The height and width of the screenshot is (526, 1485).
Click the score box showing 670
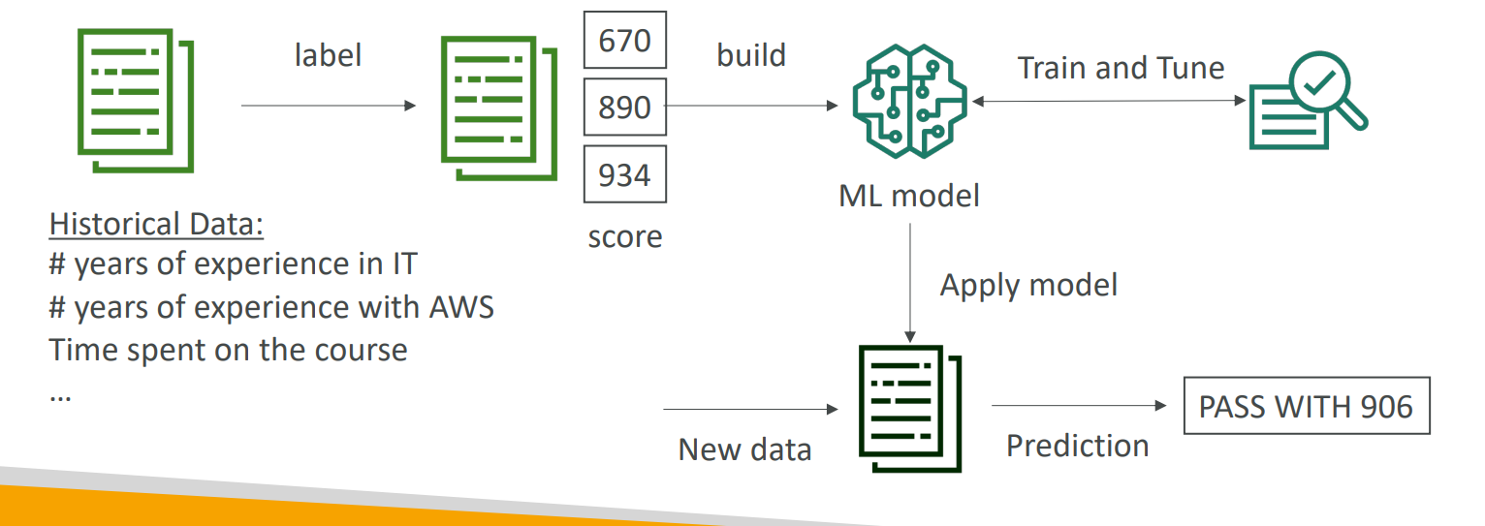624,40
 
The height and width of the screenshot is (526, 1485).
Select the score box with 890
624,107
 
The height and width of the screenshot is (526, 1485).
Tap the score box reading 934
624,175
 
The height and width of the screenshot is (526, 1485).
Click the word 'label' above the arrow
328,55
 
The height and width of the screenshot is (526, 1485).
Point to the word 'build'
751,55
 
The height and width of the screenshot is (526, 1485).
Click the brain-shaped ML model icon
908,103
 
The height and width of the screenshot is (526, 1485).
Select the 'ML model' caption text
908,196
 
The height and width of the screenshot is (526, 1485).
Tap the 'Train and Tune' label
1121,68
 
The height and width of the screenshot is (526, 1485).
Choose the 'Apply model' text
1028,285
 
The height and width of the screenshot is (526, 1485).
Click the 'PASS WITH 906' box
1306,406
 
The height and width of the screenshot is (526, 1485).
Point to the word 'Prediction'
1077,446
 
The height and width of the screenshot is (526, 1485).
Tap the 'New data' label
744,449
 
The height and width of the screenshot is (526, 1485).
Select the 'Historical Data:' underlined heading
157,224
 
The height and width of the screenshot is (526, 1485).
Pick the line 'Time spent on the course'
228,349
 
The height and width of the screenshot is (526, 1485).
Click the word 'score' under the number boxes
625,236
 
